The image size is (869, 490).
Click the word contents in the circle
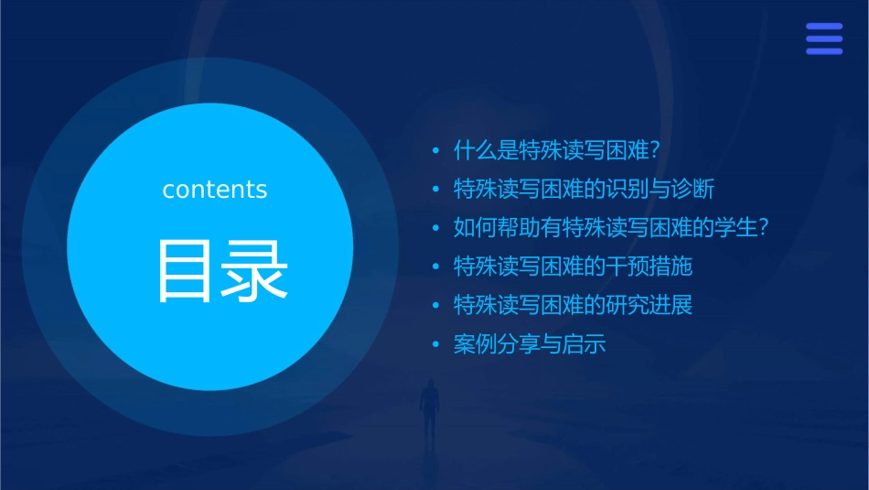click(215, 190)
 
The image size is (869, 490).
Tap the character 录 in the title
click(252, 271)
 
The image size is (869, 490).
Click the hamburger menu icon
click(823, 39)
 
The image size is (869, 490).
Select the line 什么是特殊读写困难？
click(557, 150)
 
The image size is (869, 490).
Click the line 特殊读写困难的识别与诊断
click(584, 189)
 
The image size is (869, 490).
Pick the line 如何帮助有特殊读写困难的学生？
click(610, 228)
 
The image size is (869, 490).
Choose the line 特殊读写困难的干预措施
click(573, 267)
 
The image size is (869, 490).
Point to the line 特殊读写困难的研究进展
click(573, 305)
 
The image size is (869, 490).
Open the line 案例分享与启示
click(530, 344)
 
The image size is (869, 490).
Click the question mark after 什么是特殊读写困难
click(654, 150)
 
